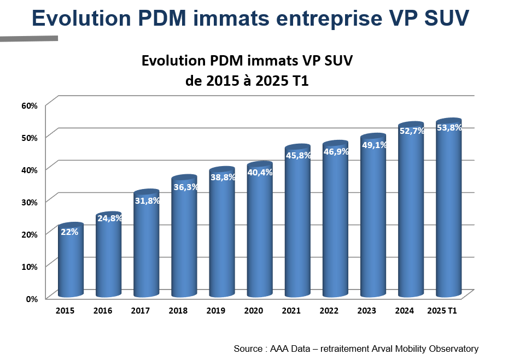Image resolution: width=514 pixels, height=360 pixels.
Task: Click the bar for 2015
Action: point(71,262)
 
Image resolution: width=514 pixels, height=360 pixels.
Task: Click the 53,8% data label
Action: point(449,128)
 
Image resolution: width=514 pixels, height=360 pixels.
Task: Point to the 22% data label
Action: point(69,231)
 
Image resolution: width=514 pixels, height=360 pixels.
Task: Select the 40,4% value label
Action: point(260,172)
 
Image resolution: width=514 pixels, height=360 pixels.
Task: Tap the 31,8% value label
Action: point(147,200)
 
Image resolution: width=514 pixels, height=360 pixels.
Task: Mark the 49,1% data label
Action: point(374,145)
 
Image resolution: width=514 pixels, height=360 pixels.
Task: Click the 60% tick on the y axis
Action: point(29,105)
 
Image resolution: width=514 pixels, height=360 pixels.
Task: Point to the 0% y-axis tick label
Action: point(31,298)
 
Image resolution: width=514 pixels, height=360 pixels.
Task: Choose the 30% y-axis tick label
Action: point(29,202)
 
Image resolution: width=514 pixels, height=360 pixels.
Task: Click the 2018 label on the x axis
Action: point(178,311)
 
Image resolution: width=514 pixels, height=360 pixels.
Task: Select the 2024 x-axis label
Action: point(405,311)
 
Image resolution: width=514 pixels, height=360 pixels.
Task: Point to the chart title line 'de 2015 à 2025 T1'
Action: point(247,81)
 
